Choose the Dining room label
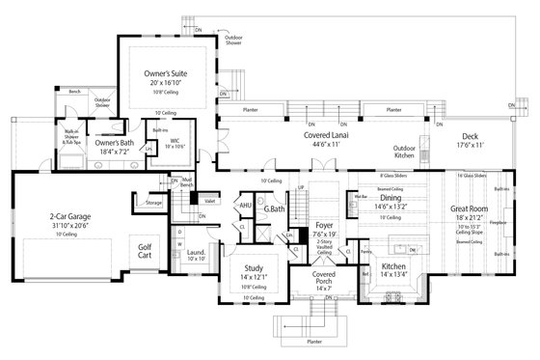(392, 198)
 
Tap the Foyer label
(323, 222)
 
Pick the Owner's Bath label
(113, 144)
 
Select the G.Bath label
(273, 209)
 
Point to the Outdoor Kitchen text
(404, 152)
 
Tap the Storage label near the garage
(154, 204)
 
